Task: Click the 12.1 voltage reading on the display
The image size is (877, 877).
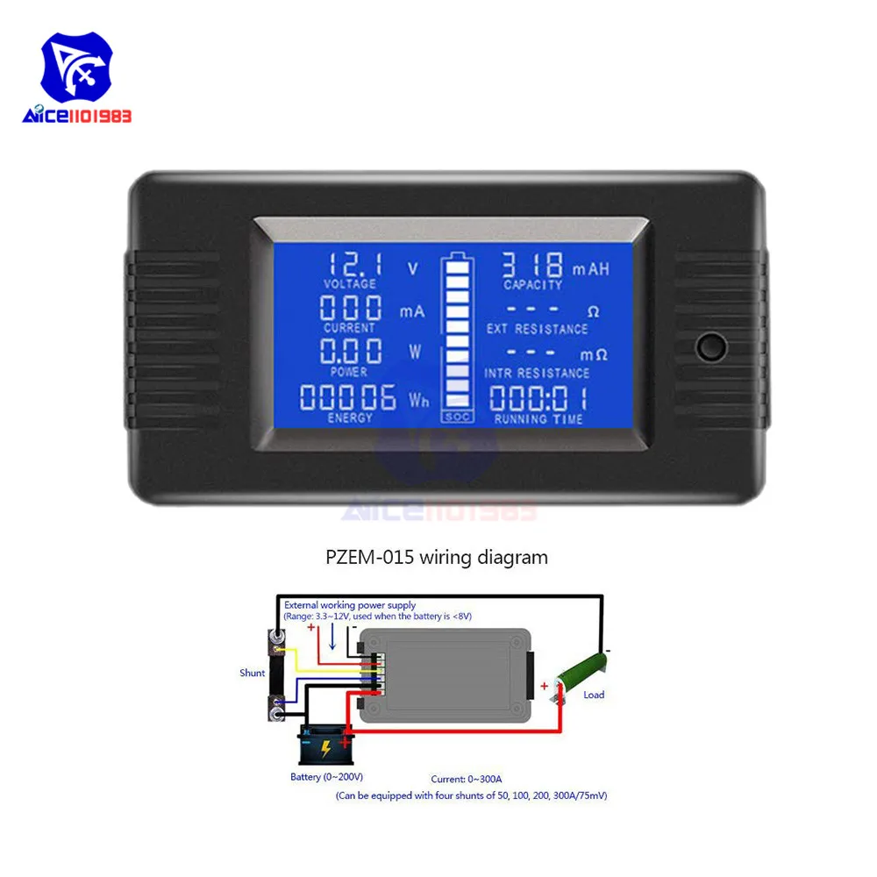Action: pyautogui.click(x=355, y=264)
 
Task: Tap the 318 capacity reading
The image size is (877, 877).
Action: pyautogui.click(x=532, y=265)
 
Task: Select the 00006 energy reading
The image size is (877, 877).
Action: pyautogui.click(x=348, y=397)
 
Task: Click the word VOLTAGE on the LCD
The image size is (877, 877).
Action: pyautogui.click(x=350, y=284)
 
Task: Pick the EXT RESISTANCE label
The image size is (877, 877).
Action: pyautogui.click(x=537, y=329)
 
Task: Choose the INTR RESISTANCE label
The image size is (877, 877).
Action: pyautogui.click(x=537, y=373)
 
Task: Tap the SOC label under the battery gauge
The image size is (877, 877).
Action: pyautogui.click(x=458, y=417)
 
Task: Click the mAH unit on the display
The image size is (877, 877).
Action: pyautogui.click(x=590, y=269)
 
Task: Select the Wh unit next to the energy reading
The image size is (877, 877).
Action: pyautogui.click(x=419, y=400)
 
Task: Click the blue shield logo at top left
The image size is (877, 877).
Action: pyautogui.click(x=76, y=68)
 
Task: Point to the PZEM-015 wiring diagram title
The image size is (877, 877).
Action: pyautogui.click(x=437, y=557)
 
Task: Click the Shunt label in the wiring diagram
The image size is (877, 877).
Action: pyautogui.click(x=253, y=673)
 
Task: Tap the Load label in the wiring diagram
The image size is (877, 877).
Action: pyautogui.click(x=594, y=695)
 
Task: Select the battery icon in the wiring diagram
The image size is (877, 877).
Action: pyautogui.click(x=326, y=745)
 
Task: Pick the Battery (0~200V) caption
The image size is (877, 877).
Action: pyautogui.click(x=326, y=777)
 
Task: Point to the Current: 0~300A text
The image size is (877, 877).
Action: pyautogui.click(x=467, y=779)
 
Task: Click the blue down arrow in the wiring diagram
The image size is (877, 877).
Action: pyautogui.click(x=332, y=637)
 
